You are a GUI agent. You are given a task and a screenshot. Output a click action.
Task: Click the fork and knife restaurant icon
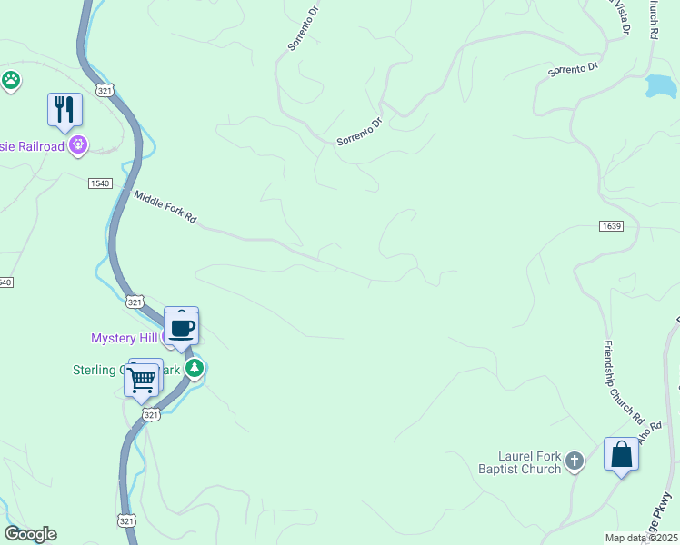tap(65, 109)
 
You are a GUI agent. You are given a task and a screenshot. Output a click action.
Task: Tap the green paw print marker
tap(11, 80)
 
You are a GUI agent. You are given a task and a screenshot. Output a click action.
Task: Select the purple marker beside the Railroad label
tap(79, 144)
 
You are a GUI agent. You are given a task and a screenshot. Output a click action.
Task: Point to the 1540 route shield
tap(99, 183)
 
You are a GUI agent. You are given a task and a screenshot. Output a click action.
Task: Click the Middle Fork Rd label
tap(165, 206)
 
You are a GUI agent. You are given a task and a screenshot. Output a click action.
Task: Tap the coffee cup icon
tap(181, 327)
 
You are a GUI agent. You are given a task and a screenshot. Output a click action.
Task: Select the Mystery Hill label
tap(125, 338)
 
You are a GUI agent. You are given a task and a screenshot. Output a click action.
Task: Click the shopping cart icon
tap(141, 380)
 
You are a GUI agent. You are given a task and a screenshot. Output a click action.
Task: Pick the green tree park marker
tap(195, 368)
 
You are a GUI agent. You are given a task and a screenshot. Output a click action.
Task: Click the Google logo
tap(30, 534)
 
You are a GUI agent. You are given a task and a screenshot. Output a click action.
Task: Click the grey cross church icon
tap(574, 462)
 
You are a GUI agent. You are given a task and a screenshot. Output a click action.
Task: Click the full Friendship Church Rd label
tap(624, 383)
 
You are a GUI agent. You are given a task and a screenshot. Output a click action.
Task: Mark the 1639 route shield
tap(611, 225)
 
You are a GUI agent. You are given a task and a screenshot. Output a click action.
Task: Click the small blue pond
tap(661, 86)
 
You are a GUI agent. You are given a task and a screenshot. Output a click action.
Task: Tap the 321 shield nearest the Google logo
tap(127, 520)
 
